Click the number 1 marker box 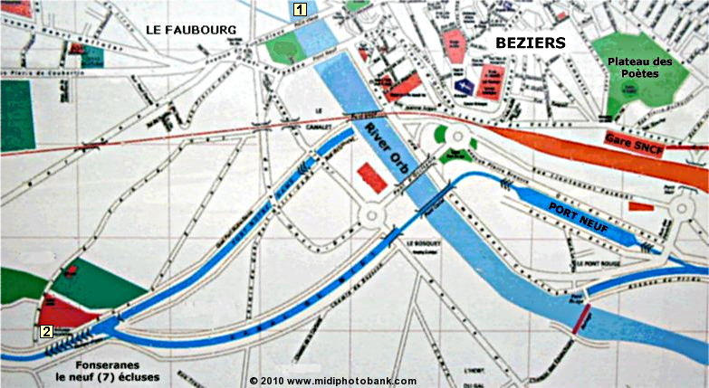tap(300, 10)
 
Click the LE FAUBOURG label tap(190, 30)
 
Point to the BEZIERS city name tap(530, 43)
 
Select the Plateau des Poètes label tap(640, 67)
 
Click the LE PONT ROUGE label tap(597, 263)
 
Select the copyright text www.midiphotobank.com tap(333, 381)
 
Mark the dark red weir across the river tap(583, 319)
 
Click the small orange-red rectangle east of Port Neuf tap(641, 206)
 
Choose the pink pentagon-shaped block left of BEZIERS tap(455, 44)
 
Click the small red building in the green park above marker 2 tap(69, 270)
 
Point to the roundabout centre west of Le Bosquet tap(371, 215)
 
